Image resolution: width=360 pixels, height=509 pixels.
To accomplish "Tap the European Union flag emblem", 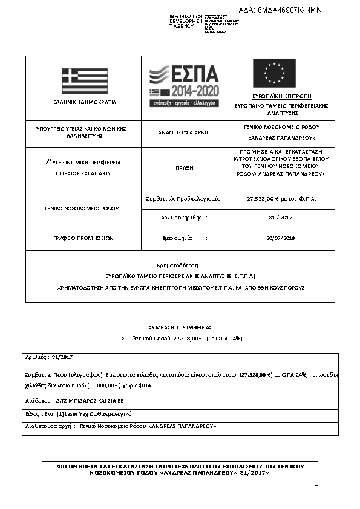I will coord(274,74).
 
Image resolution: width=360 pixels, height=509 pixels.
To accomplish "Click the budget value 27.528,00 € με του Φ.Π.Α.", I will coord(282,198).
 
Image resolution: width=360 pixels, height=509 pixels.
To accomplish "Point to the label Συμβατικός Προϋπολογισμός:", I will coord(184,198).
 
